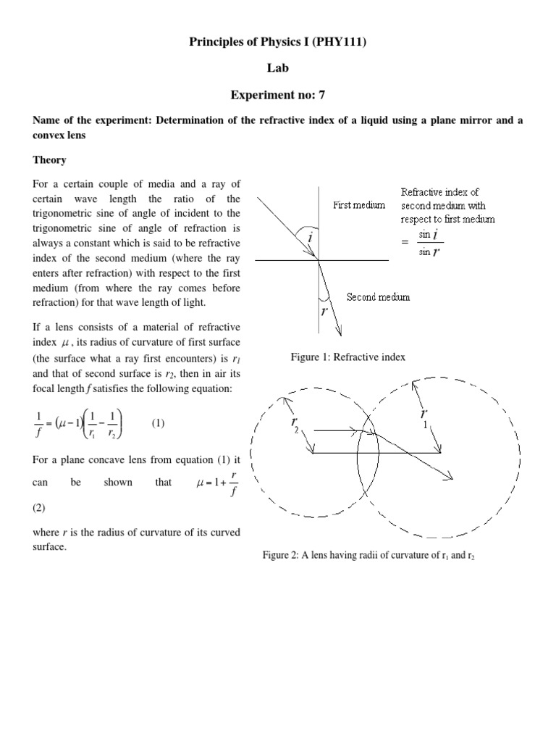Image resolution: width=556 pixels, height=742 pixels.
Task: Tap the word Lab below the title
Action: click(x=277, y=69)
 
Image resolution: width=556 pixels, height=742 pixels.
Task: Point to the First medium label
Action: click(x=359, y=205)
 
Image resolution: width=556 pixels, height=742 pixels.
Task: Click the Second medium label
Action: click(x=378, y=297)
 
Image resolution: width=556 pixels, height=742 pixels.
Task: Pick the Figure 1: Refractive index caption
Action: click(x=347, y=357)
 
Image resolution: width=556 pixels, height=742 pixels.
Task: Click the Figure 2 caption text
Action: click(x=369, y=555)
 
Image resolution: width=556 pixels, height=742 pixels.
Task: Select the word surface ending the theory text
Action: click(x=50, y=547)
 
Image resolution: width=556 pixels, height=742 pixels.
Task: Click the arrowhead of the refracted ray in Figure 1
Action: click(x=339, y=333)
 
